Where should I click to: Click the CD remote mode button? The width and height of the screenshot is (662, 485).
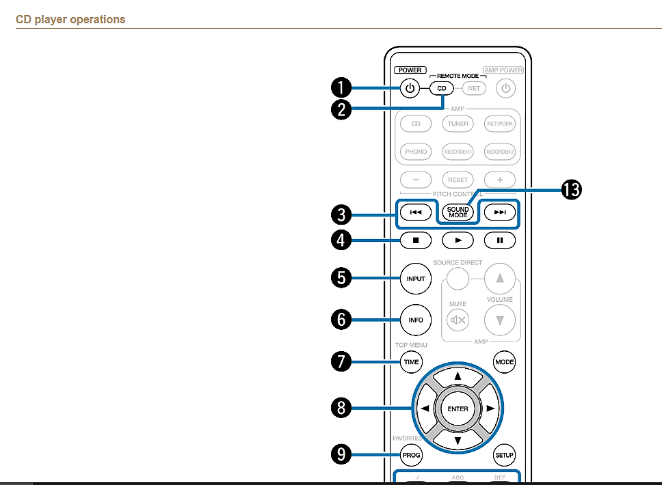pyautogui.click(x=441, y=89)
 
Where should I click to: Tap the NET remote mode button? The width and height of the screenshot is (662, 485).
pyautogui.click(x=473, y=89)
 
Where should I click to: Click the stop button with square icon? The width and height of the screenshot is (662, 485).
pyautogui.click(x=416, y=240)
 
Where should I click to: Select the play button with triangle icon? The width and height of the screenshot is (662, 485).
pyautogui.click(x=458, y=240)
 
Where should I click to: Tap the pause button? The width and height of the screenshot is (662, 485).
pyautogui.click(x=500, y=240)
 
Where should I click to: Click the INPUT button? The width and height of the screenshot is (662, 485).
pyautogui.click(x=416, y=279)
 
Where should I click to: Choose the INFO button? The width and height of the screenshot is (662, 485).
pyautogui.click(x=416, y=320)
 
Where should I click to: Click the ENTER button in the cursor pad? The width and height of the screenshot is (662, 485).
pyautogui.click(x=458, y=409)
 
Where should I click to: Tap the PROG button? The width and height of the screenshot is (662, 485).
pyautogui.click(x=411, y=455)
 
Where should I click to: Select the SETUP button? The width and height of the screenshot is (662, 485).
pyautogui.click(x=504, y=455)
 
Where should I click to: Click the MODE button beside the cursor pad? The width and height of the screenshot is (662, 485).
pyautogui.click(x=504, y=362)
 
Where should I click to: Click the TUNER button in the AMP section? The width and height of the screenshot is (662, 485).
pyautogui.click(x=458, y=124)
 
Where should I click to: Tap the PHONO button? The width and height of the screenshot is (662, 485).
pyautogui.click(x=416, y=152)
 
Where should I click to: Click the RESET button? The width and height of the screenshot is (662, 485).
pyautogui.click(x=458, y=180)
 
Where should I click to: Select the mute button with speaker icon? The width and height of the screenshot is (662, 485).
pyautogui.click(x=458, y=319)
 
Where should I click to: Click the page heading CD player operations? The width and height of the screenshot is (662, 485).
pyautogui.click(x=70, y=19)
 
